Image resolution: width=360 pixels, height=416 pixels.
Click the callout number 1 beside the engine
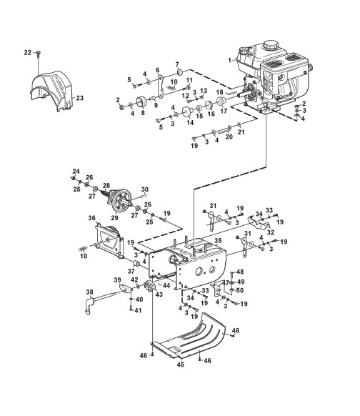pyautogui.click(x=229, y=60)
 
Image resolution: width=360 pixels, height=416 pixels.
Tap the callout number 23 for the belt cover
pyautogui.click(x=79, y=98)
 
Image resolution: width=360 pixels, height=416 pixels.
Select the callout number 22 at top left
pyautogui.click(x=28, y=52)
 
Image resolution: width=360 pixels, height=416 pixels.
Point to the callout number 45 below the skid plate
pyautogui.click(x=180, y=365)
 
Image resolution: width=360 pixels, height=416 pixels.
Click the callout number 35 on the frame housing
pyautogui.click(x=218, y=241)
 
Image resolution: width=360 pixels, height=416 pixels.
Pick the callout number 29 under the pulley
pyautogui.click(x=114, y=218)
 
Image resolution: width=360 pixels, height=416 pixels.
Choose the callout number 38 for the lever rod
pyautogui.click(x=90, y=292)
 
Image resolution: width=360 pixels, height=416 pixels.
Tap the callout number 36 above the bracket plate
pyautogui.click(x=91, y=218)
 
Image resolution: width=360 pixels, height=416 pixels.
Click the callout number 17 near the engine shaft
pyautogui.click(x=224, y=111)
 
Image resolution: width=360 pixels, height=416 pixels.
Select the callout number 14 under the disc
pyautogui.click(x=190, y=122)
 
